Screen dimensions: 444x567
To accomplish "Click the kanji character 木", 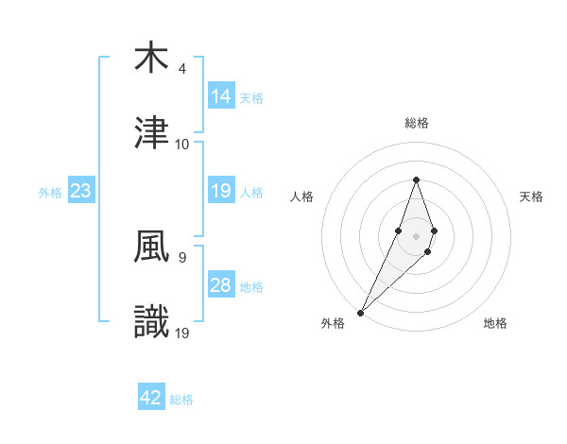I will click(x=151, y=58).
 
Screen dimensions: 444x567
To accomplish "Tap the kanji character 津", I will click(x=151, y=133).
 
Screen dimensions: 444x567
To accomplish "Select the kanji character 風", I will click(x=151, y=247).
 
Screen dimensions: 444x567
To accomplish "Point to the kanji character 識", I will click(x=151, y=322).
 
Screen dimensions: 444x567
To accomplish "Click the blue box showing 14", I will click(x=221, y=96).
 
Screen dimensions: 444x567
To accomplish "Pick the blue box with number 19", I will click(x=221, y=191).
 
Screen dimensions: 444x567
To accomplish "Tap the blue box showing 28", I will click(x=221, y=285).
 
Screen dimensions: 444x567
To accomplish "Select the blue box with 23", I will click(x=81, y=191).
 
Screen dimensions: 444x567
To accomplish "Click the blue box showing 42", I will click(x=151, y=398).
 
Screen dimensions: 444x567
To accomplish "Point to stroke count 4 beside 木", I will click(x=182, y=69).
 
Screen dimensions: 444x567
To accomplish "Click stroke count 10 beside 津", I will click(x=182, y=145).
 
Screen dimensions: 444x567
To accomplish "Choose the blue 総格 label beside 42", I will click(x=181, y=400).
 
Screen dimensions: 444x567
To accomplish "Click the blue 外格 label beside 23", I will click(x=50, y=193).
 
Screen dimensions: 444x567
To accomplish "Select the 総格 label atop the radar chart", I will click(x=416, y=123).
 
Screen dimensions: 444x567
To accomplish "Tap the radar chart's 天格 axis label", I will click(x=532, y=196).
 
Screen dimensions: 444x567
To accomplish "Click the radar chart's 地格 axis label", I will click(x=495, y=323).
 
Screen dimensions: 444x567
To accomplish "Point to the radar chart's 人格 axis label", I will click(x=302, y=196).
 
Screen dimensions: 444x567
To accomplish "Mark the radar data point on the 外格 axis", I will click(x=361, y=312).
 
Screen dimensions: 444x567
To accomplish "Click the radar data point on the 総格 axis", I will click(x=416, y=179).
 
